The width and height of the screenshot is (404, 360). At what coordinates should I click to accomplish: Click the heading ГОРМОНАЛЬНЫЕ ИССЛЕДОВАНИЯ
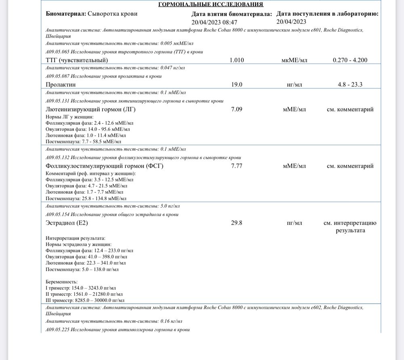pos(210,4)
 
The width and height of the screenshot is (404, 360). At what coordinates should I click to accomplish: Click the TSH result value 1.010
pos(237,60)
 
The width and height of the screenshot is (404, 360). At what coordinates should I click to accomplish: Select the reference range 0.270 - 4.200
pos(350,60)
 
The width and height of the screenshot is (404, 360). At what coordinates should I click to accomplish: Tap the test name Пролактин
pos(61,85)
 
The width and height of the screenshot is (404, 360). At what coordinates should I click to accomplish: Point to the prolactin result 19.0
pos(237,85)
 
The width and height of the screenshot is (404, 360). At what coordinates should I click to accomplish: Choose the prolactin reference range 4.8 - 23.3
pos(350,85)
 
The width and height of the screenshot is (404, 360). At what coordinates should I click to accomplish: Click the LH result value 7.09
pos(237,109)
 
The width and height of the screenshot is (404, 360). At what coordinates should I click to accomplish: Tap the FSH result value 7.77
pos(237,166)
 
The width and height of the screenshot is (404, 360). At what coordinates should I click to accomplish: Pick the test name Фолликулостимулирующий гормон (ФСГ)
pos(105,166)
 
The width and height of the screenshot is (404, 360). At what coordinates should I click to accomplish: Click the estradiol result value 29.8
pos(237,223)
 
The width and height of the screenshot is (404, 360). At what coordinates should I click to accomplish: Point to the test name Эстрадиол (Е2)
pos(67,223)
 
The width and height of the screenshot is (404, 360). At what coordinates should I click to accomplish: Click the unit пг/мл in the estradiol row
pos(295,223)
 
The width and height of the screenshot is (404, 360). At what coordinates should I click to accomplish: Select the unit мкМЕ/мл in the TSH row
pos(295,60)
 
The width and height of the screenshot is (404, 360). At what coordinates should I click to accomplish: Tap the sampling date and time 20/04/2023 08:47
pos(215,22)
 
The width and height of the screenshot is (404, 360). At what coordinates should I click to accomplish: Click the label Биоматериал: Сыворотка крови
pos(92,14)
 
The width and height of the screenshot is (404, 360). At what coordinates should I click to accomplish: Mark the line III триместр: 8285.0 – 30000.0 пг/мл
pos(85,300)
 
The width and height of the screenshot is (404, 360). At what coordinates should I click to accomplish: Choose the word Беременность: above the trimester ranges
pos(62,282)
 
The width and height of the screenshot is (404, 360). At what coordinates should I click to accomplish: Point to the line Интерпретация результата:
pos(76,238)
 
